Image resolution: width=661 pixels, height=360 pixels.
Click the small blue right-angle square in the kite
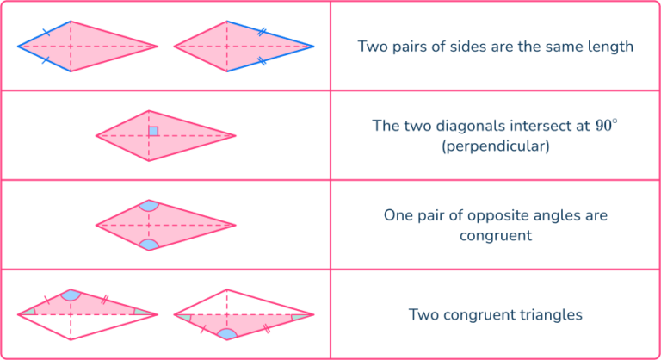click(x=153, y=132)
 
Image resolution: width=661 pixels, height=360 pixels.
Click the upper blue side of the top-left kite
click(x=43, y=33)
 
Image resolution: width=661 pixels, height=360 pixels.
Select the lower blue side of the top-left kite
click(x=43, y=60)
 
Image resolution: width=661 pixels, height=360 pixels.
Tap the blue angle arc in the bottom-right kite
click(x=227, y=333)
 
